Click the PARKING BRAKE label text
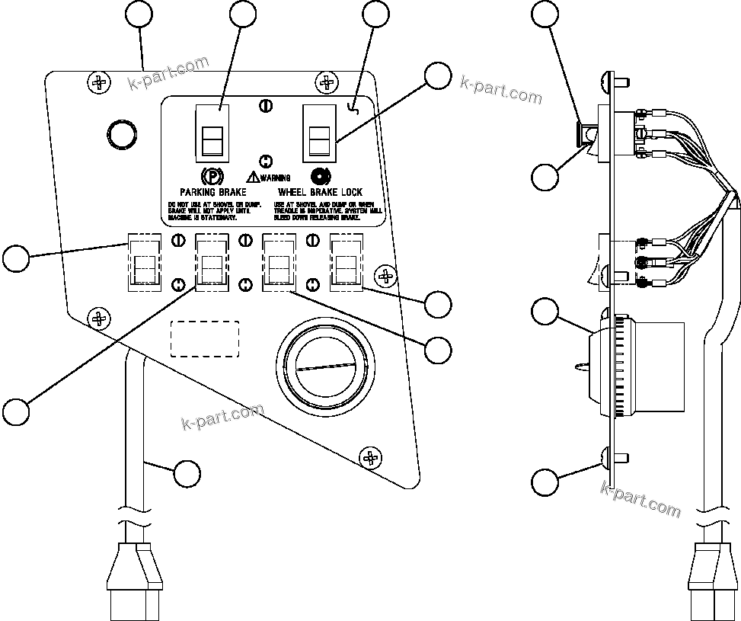(212, 193)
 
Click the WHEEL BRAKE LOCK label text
(320, 193)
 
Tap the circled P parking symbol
(215, 176)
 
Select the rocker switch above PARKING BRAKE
(212, 132)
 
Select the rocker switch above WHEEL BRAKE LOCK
(319, 132)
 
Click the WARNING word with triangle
(268, 178)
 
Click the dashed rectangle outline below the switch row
(205, 338)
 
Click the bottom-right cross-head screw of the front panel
(371, 457)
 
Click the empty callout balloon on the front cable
(187, 472)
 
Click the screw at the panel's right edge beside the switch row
(387, 274)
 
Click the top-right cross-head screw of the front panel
(327, 81)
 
